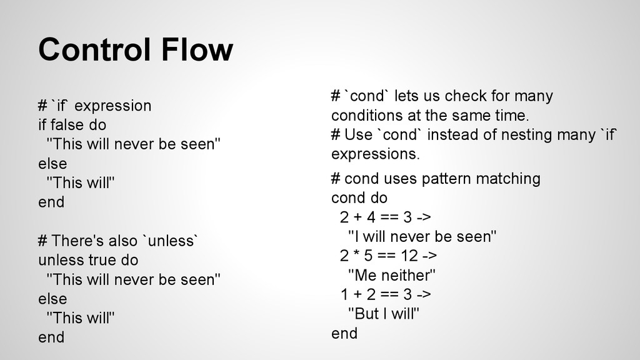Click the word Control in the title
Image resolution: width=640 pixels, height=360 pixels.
click(94, 50)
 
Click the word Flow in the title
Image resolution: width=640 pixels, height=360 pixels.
click(196, 50)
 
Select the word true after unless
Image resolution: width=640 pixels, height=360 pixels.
click(102, 259)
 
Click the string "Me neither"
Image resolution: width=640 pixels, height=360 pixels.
click(391, 275)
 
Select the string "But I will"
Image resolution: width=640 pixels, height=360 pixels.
click(382, 314)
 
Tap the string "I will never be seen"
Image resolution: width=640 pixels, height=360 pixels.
click(422, 236)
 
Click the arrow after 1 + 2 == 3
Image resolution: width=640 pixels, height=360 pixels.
click(423, 294)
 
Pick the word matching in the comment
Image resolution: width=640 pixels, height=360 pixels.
click(507, 179)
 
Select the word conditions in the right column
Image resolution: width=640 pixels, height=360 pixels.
click(366, 116)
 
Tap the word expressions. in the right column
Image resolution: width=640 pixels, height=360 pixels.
click(376, 154)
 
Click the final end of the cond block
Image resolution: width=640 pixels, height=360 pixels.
click(344, 333)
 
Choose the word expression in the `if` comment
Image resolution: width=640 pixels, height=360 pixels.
click(112, 106)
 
